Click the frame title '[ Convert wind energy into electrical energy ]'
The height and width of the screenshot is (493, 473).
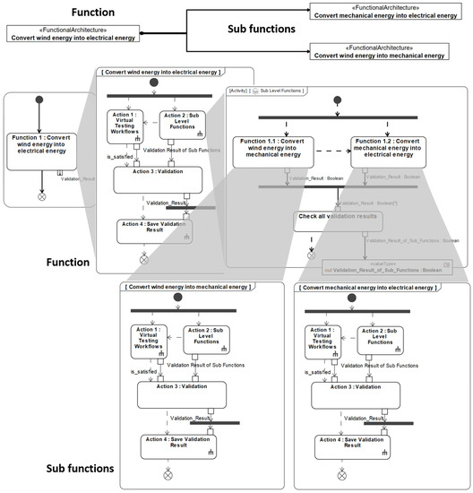click(159, 72)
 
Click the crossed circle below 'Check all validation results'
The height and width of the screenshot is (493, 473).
click(310, 255)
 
